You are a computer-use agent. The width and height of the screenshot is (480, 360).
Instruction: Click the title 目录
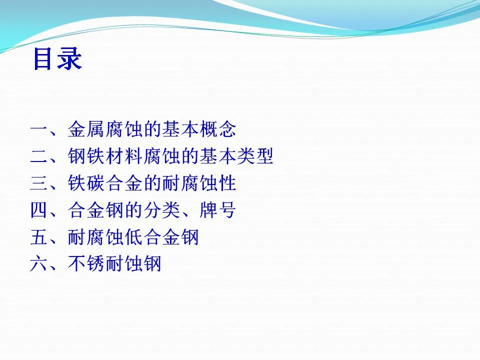57,59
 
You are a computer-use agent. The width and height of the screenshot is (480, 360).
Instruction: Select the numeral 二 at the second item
39,156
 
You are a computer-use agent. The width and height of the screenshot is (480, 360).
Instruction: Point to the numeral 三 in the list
39,183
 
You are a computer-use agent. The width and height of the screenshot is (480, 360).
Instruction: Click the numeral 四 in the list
39,210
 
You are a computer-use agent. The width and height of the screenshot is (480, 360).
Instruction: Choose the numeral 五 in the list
39,237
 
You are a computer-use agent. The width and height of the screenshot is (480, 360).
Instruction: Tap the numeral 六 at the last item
39,263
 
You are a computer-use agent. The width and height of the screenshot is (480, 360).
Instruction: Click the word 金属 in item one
86,129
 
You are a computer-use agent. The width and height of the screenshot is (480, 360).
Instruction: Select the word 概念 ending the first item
218,129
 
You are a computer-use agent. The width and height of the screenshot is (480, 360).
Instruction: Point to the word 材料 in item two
123,156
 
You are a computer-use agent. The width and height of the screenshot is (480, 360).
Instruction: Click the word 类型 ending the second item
255,156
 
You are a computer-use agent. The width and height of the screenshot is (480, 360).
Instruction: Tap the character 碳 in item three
95,183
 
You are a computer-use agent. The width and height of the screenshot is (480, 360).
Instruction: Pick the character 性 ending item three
227,183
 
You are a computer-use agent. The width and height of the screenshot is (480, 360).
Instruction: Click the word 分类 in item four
161,210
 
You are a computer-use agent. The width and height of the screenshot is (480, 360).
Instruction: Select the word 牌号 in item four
217,210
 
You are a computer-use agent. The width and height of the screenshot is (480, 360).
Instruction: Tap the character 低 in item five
133,237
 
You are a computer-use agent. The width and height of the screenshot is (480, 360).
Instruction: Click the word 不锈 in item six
86,263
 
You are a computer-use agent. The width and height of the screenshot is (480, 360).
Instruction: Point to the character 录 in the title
70,59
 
